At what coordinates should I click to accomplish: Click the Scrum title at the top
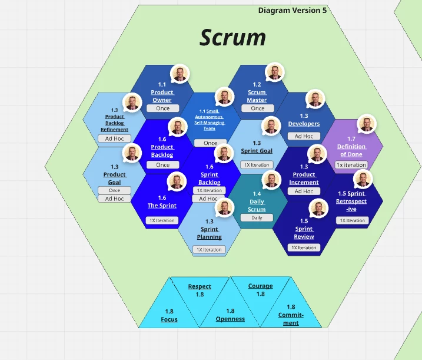coord(232,38)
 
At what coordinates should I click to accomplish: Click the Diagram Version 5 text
coord(292,11)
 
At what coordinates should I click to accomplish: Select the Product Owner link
coord(162,96)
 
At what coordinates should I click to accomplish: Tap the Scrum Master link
coord(257,96)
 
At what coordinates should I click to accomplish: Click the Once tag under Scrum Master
coord(258,108)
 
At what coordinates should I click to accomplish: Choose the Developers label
coord(304,124)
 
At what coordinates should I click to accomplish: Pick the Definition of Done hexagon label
coord(351,150)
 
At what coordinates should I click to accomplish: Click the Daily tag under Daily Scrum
coord(257,217)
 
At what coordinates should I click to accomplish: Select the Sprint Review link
coord(304,233)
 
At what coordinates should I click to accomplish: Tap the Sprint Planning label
coord(210,233)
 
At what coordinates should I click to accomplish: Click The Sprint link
coord(162,206)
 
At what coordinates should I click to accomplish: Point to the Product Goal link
coord(115,179)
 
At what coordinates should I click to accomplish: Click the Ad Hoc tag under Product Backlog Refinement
coord(115,138)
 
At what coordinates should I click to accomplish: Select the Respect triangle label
coord(200,286)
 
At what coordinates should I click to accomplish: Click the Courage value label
coord(260,286)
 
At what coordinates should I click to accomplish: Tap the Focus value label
coord(169,319)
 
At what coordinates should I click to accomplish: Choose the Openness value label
coord(230,319)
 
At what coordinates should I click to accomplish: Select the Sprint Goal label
coord(257,151)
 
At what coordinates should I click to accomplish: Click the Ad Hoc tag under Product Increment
coord(304,191)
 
